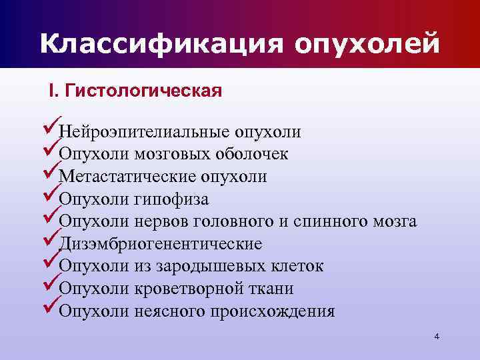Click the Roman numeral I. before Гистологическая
53,91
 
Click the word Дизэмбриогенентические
160,244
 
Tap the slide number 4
437,337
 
